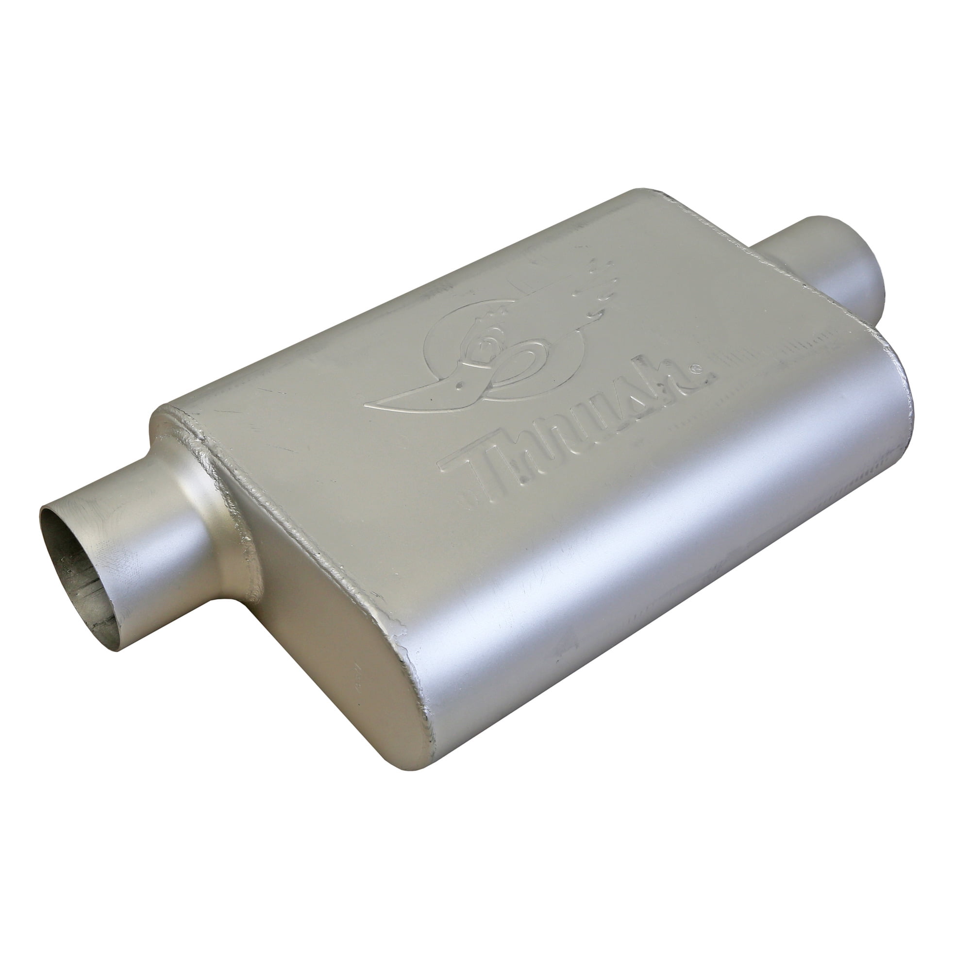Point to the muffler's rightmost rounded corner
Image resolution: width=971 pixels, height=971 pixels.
click(900, 372)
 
